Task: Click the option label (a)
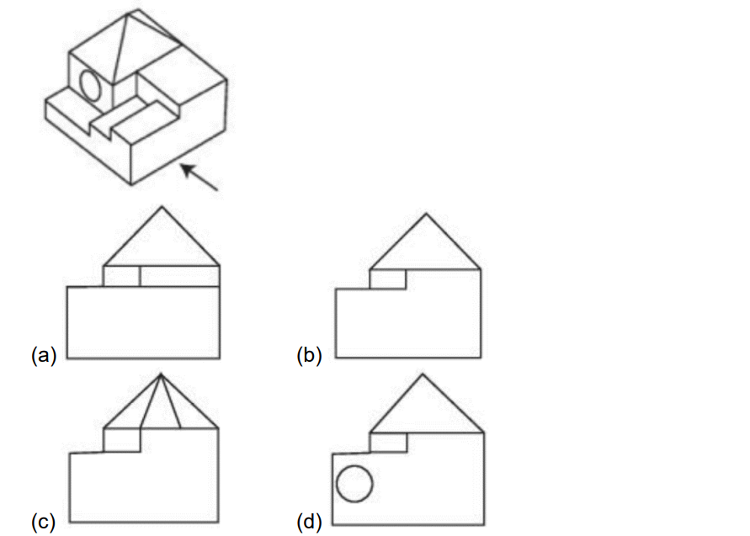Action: point(44,355)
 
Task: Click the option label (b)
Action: point(309,355)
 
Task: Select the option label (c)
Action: point(43,522)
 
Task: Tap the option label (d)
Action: point(309,522)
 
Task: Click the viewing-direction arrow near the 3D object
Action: point(199,177)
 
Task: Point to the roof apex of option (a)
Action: point(162,206)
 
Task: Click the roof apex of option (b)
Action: point(426,215)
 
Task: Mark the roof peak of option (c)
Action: point(161,374)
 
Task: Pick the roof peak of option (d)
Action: point(423,374)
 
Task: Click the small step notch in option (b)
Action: point(388,279)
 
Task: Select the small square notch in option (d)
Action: point(388,443)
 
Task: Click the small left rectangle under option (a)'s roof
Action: point(121,276)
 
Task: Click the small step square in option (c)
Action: point(122,440)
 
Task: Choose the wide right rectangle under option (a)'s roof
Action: point(180,276)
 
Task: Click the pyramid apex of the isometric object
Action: point(127,13)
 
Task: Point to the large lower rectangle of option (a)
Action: point(143,322)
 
